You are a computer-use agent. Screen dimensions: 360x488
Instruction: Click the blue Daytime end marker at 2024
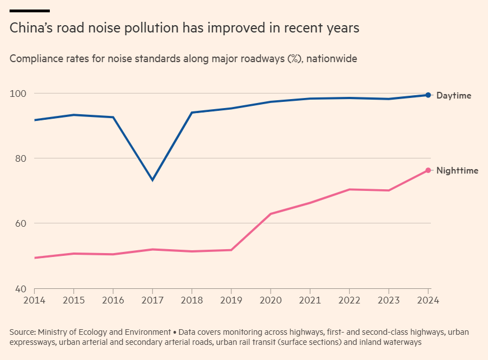coord(428,95)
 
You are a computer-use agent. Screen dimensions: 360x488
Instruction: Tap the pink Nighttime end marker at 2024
coord(428,170)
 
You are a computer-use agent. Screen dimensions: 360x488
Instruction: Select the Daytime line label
coord(453,96)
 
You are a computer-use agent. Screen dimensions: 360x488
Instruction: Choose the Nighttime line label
coord(457,171)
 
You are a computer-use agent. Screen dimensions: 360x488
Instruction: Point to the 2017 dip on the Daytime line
coord(152,180)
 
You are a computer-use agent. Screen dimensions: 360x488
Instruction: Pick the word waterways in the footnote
coord(401,342)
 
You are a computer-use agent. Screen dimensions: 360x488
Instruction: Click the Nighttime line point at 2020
coord(271,214)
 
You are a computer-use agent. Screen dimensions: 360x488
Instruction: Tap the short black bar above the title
coord(30,11)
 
